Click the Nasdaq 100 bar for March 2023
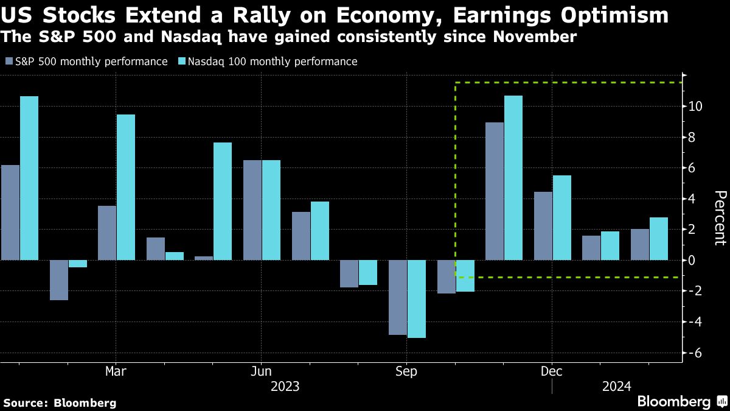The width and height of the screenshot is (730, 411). pos(126,188)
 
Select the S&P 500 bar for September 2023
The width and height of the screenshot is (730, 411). pos(398,297)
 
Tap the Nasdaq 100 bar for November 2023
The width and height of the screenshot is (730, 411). pos(513,178)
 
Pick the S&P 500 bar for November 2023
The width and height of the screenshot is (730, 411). pos(495,191)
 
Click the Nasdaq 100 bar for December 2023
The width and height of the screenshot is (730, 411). pos(562,217)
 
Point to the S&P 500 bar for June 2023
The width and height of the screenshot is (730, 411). pos(252,210)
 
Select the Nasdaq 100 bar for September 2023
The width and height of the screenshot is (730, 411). pos(417,299)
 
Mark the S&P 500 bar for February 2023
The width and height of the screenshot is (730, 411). pos(59,280)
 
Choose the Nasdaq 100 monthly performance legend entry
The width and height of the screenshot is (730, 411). pos(268,61)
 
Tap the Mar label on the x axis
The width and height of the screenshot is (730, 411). pos(116,371)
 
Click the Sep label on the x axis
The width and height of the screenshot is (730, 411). pos(406,371)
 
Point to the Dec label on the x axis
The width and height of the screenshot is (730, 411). pos(552,371)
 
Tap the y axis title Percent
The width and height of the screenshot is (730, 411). pos(720,218)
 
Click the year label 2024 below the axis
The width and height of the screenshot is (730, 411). pos(616,386)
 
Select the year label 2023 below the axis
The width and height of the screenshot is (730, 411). pos(285,386)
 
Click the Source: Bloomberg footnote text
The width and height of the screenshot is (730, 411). pos(60,402)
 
